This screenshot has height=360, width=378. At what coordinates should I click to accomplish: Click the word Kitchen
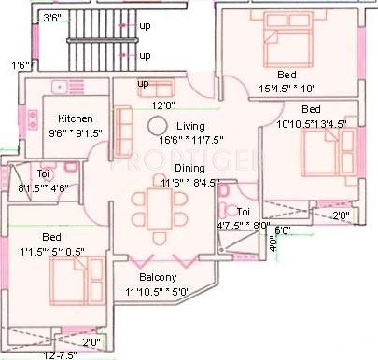[73, 119]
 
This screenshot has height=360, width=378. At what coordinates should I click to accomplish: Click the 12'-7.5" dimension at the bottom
[61, 354]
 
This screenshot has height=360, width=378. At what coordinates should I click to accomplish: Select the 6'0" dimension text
[283, 229]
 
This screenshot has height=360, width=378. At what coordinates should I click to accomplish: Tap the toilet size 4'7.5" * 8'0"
[242, 225]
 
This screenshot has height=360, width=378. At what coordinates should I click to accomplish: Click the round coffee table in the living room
[160, 126]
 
